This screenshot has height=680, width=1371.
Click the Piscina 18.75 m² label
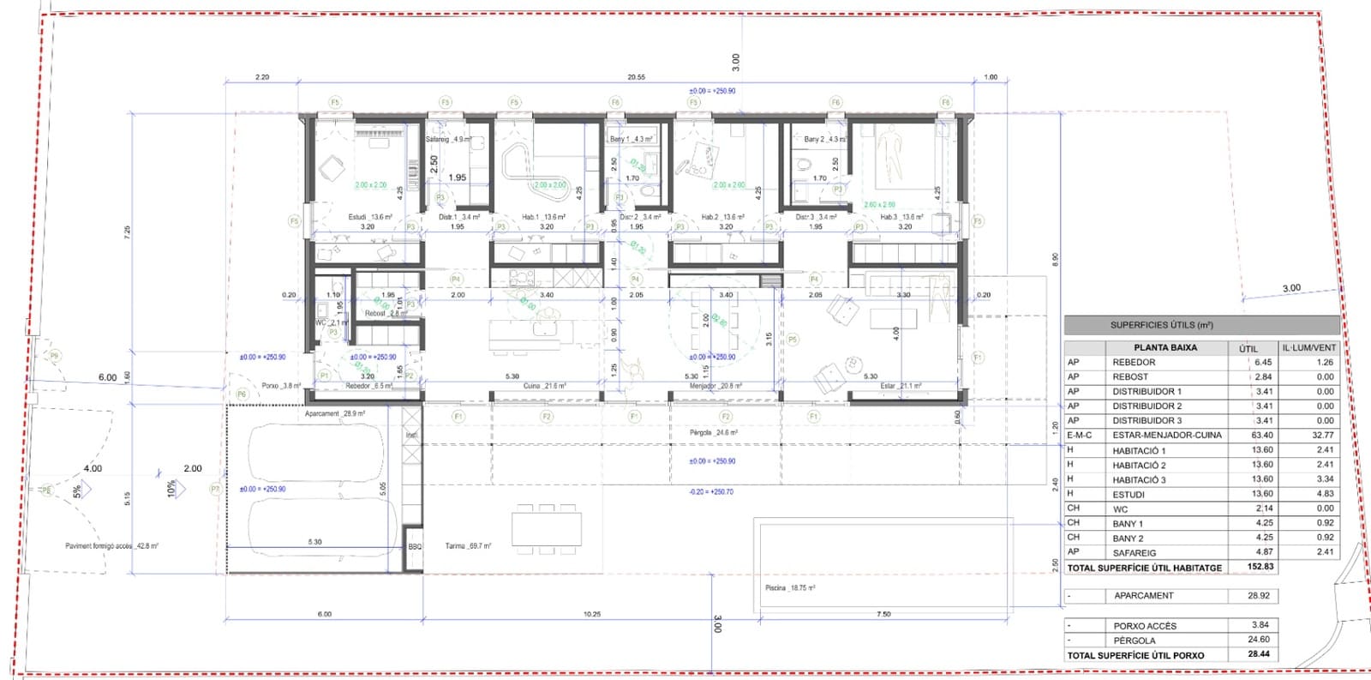789,588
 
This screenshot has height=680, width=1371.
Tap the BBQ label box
415,546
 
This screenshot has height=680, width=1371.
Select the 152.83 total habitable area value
1260,567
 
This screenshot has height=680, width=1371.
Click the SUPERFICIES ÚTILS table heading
1161,325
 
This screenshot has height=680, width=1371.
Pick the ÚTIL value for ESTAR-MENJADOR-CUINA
1261,435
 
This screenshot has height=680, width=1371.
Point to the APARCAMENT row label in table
1143,595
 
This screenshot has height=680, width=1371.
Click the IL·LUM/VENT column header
1308,347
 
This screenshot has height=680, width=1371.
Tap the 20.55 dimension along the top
636,77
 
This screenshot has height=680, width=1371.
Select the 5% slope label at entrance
78,491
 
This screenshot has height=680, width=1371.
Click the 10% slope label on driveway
172,488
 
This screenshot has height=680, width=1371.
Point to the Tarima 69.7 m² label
468,545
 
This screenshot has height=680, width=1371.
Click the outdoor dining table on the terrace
547,525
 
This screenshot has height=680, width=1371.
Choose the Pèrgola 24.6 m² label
713,433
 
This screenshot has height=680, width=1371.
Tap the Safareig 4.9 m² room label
447,139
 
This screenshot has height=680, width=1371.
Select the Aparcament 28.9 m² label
335,413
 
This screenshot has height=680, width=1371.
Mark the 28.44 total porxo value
1259,654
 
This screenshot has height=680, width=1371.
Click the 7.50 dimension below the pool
883,614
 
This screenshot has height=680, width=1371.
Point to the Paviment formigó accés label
111,545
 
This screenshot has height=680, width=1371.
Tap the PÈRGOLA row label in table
1135,641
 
